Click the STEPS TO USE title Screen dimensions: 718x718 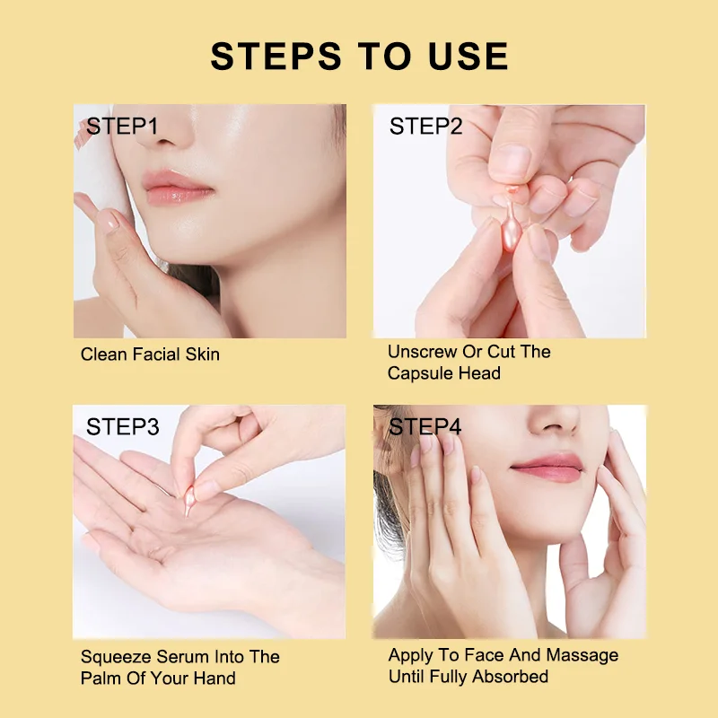[359, 56]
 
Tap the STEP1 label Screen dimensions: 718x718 [122, 127]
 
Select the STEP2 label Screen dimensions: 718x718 [425, 127]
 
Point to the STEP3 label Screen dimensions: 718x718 [122, 427]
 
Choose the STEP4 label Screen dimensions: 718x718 [425, 427]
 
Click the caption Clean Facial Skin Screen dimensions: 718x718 [150, 354]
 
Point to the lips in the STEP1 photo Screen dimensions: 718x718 [177, 190]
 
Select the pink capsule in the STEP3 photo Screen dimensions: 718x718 [190, 499]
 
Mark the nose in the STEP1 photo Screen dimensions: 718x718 [171, 135]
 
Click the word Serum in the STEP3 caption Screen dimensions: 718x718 [182, 657]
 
